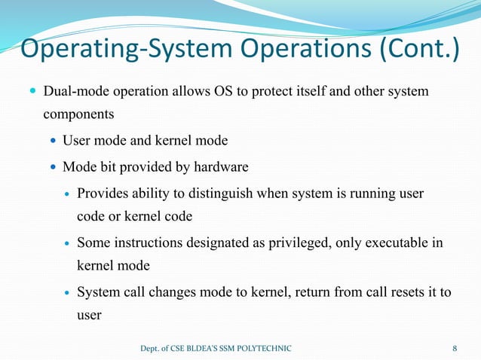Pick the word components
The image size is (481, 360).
coord(78,115)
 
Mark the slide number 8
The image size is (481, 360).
coord(455,348)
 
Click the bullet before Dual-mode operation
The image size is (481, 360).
coord(31,92)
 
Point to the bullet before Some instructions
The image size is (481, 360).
coord(66,243)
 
